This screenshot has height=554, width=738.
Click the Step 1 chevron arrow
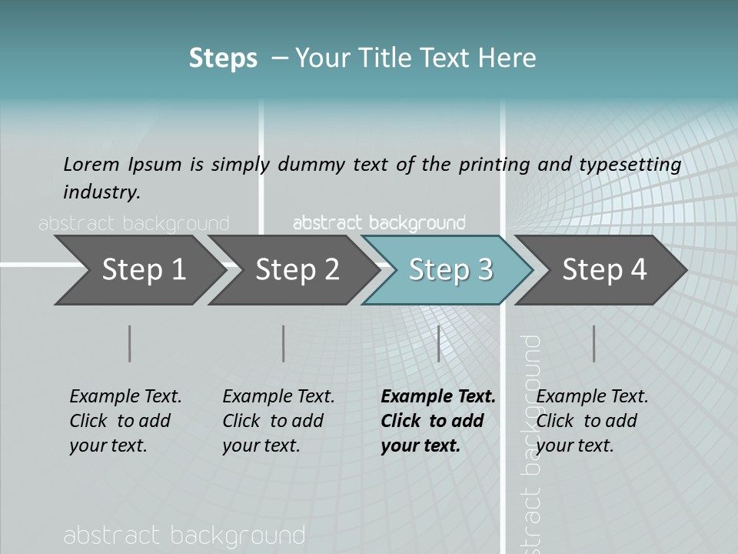pyautogui.click(x=142, y=270)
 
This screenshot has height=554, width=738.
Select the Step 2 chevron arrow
pyautogui.click(x=296, y=270)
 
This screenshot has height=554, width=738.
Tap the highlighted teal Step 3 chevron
pyautogui.click(x=450, y=270)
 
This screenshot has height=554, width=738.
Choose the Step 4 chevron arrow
pyautogui.click(x=603, y=270)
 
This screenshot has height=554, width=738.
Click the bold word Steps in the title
pyautogui.click(x=223, y=58)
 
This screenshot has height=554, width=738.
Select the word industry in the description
pyautogui.click(x=101, y=192)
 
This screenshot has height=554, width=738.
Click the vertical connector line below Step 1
pyautogui.click(x=130, y=343)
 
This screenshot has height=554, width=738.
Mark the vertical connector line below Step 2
pyautogui.click(x=284, y=343)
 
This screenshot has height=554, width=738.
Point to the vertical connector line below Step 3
pyautogui.click(x=438, y=343)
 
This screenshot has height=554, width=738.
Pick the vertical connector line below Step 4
pyautogui.click(x=594, y=343)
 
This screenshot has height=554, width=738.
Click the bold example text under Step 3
pyautogui.click(x=437, y=421)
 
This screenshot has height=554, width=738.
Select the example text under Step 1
pyautogui.click(x=125, y=421)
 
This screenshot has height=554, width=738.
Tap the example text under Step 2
pyautogui.click(x=278, y=421)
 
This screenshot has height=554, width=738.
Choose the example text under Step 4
pyautogui.click(x=591, y=421)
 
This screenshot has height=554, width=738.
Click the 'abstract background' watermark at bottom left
pyautogui.click(x=184, y=536)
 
